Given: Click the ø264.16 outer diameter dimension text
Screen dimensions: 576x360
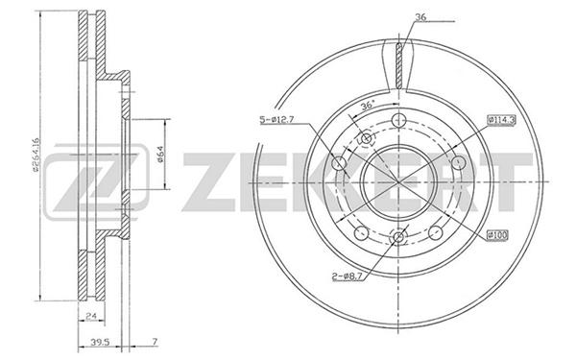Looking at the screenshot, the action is (x=35, y=155).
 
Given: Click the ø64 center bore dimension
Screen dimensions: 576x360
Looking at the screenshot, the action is (x=160, y=154).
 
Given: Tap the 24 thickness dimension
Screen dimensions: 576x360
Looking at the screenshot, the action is (x=91, y=315).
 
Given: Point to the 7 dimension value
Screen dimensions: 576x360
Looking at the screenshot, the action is (x=155, y=342).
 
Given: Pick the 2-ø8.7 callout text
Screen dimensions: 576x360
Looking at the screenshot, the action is (x=348, y=276).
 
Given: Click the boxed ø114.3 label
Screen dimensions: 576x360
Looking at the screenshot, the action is (x=501, y=120).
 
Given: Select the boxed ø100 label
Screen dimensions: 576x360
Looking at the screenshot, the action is (x=497, y=235).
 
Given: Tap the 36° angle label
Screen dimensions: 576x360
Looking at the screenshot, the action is (x=367, y=106).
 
